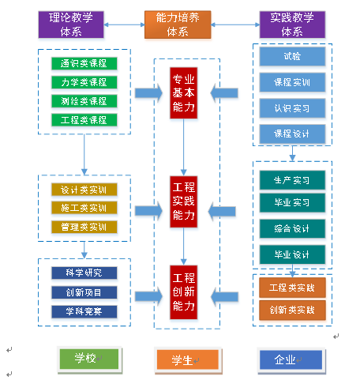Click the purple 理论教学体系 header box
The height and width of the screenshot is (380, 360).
click(x=70, y=24)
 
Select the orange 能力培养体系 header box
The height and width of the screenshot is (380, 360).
click(x=178, y=24)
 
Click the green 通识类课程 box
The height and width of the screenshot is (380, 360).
click(x=84, y=63)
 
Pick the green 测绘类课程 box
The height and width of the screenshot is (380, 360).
click(x=84, y=101)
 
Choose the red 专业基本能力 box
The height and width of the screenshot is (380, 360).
click(x=184, y=92)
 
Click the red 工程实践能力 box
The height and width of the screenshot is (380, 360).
click(x=184, y=202)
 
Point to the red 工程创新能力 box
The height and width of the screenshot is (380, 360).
click(x=184, y=288)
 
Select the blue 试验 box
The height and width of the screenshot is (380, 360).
click(x=291, y=57)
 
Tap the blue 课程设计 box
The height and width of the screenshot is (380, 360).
click(x=291, y=133)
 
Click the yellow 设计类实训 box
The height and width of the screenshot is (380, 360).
click(x=84, y=190)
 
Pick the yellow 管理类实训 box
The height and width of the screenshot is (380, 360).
click(x=84, y=228)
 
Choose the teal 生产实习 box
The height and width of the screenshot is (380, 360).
click(x=291, y=179)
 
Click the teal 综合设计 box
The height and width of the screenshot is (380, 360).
click(x=291, y=229)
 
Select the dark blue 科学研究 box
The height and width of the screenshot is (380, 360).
click(x=84, y=273)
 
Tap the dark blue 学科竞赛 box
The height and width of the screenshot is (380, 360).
click(x=84, y=311)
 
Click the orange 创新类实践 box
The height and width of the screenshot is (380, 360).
click(x=291, y=309)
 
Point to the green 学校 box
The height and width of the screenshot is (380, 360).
click(x=88, y=359)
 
